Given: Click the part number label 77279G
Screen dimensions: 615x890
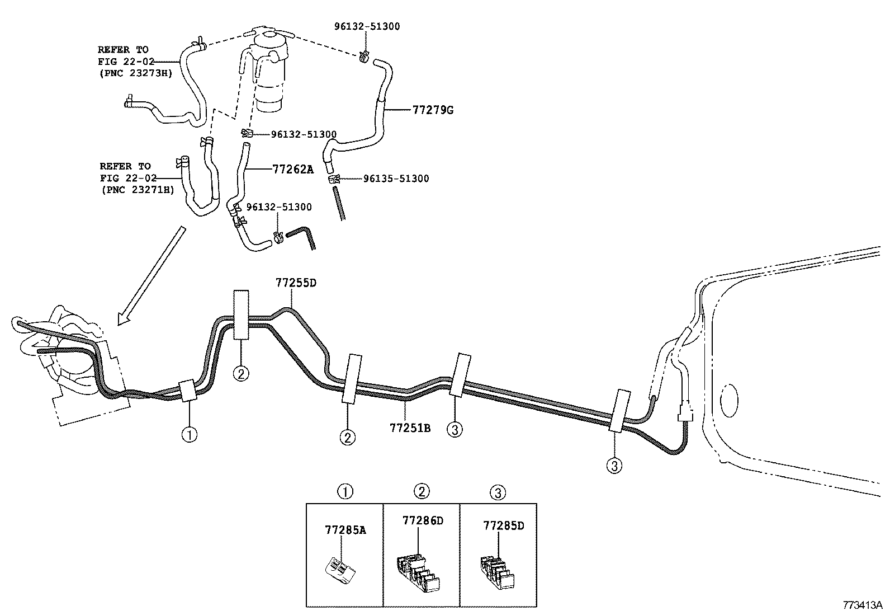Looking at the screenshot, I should click(433, 110).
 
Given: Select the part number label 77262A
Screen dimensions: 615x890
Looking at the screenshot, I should click(293, 168).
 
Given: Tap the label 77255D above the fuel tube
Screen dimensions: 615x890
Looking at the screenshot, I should click(296, 283).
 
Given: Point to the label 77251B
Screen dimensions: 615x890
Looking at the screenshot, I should click(410, 428).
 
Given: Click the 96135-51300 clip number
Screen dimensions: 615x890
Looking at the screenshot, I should click(396, 179).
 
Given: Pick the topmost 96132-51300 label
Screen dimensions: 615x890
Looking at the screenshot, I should click(367, 26).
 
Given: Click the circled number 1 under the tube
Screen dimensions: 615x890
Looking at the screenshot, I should click(189, 435).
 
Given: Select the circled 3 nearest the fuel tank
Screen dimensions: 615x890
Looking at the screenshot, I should click(614, 465).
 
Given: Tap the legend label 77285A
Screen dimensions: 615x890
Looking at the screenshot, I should click(345, 529).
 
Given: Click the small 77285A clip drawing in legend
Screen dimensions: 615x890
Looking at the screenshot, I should click(340, 569).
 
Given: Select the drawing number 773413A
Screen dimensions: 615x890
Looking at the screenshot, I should click(863, 605).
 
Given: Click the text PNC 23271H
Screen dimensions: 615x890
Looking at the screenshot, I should click(138, 190).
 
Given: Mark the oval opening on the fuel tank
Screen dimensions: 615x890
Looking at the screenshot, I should click(730, 400).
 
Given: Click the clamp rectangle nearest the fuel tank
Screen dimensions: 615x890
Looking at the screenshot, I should click(621, 411).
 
